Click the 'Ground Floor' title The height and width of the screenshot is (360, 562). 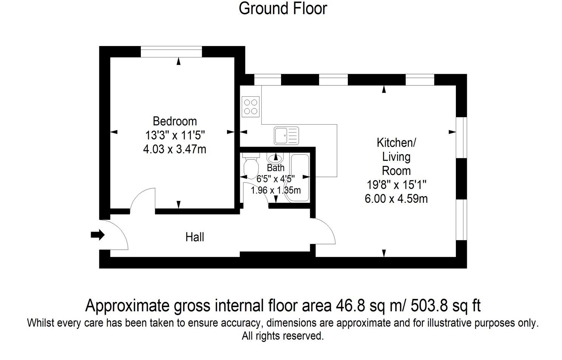pyautogui.click(x=283, y=9)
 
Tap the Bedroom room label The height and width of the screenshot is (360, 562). pyautogui.click(x=174, y=121)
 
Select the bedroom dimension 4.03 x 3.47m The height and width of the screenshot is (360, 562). pyautogui.click(x=174, y=149)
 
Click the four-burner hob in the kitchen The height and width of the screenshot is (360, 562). pyautogui.click(x=250, y=107)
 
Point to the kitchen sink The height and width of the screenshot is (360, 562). pyautogui.click(x=286, y=136)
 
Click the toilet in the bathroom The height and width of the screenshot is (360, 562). pyautogui.click(x=251, y=165)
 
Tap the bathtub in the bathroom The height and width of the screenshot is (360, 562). pyautogui.click(x=299, y=178)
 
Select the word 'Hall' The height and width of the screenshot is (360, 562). pyautogui.click(x=195, y=237)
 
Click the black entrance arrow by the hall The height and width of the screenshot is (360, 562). pyautogui.click(x=97, y=235)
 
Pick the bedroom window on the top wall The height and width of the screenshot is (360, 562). pyautogui.click(x=171, y=52)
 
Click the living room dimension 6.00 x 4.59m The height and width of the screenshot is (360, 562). pyautogui.click(x=396, y=199)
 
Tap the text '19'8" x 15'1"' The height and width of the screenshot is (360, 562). pyautogui.click(x=397, y=185)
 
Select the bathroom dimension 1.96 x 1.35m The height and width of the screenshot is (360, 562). pyautogui.click(x=276, y=190)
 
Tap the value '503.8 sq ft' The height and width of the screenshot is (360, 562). pyautogui.click(x=445, y=306)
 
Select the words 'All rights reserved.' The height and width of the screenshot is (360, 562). pyautogui.click(x=283, y=336)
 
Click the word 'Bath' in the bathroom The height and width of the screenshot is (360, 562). pyautogui.click(x=275, y=168)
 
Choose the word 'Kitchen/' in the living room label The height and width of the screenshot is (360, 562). pyautogui.click(x=397, y=143)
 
